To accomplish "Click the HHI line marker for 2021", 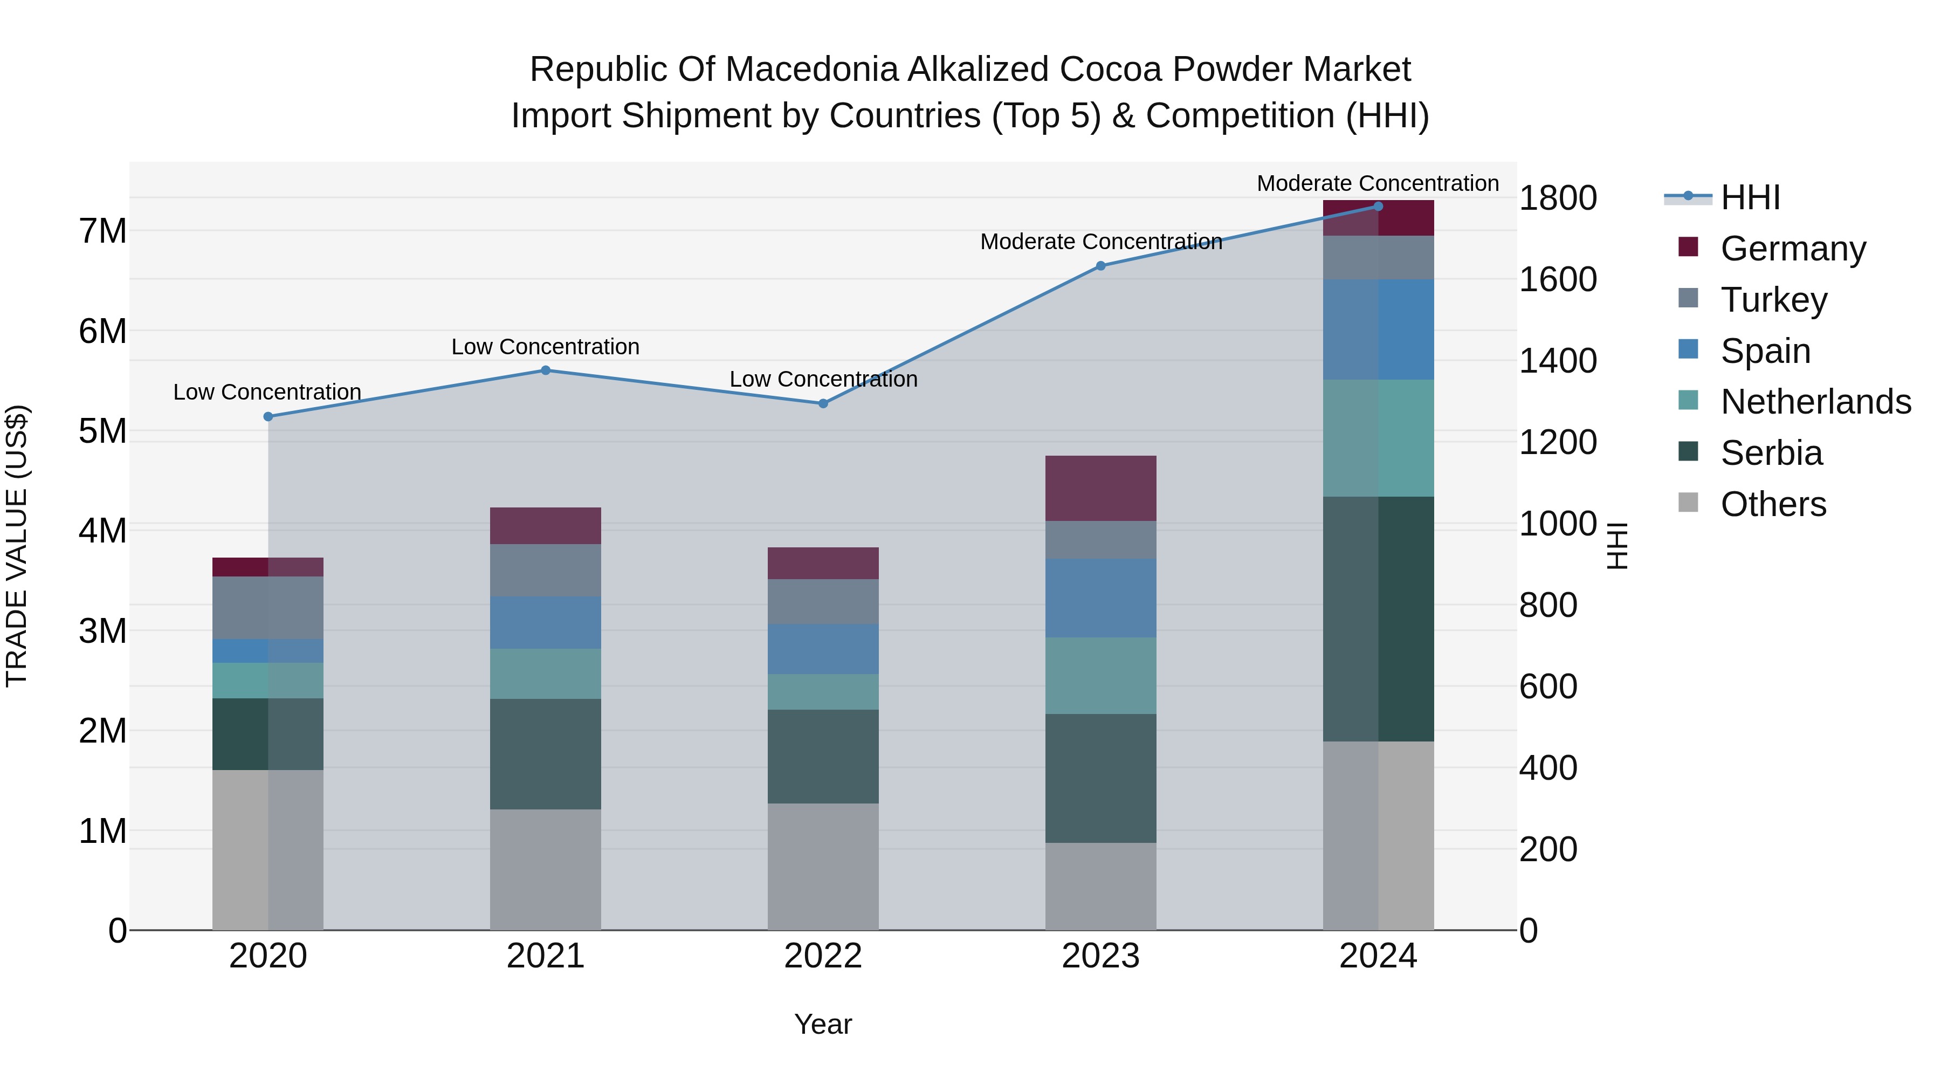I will [x=546, y=370].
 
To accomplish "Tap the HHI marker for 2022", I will [x=823, y=403].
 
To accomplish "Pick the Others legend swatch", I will [x=1689, y=503].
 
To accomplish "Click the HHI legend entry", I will [x=1750, y=197].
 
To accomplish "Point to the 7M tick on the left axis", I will [x=102, y=231].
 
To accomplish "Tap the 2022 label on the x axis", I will [x=823, y=956].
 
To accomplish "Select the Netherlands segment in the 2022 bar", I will [x=823, y=691].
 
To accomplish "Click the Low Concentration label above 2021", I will [x=546, y=347].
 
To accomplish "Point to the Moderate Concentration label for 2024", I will [x=1378, y=183].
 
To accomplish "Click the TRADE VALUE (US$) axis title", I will [x=17, y=546].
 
